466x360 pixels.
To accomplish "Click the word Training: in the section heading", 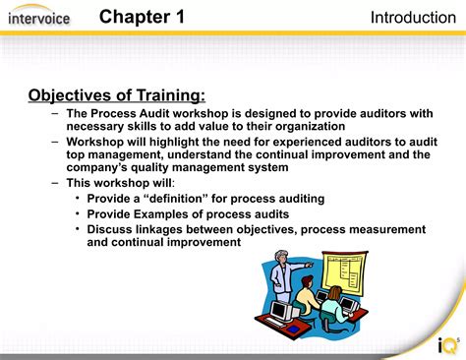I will point(172,95).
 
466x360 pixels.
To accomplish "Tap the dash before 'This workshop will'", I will point(56,183).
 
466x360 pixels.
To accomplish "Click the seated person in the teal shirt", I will point(333,307).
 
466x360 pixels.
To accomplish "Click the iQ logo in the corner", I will point(447,345).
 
